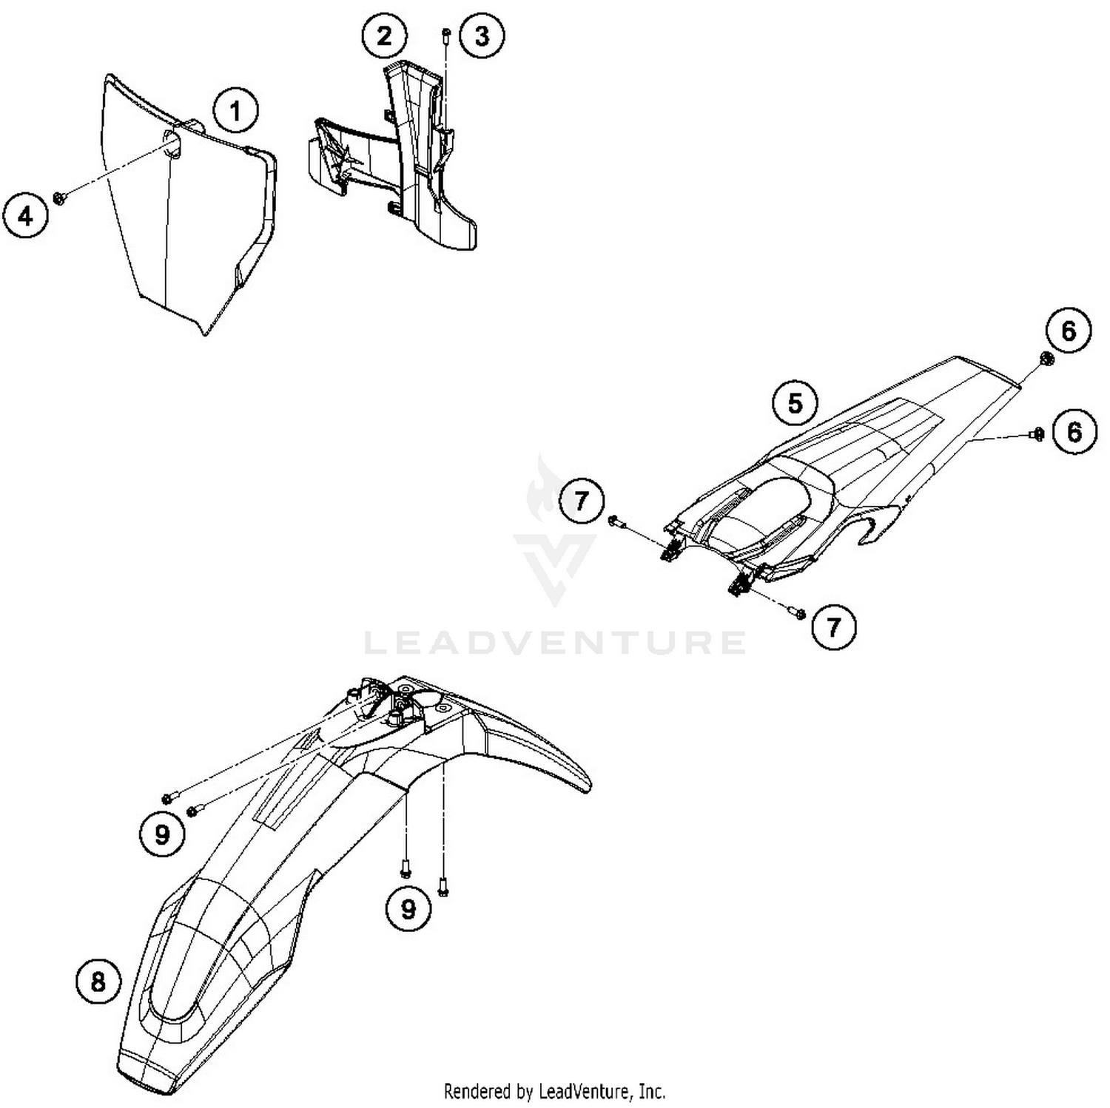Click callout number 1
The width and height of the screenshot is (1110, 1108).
pos(236,112)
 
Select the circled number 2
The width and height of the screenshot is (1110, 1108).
pos(385,36)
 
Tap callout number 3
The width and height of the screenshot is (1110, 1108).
pos(482,36)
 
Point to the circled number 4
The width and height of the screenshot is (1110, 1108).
pos(25,217)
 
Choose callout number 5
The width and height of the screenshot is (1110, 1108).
pos(795,404)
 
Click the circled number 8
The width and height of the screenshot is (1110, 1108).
pos(98,982)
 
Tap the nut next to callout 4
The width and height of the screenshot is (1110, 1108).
pos(60,196)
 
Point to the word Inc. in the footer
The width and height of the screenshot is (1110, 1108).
pos(651,1091)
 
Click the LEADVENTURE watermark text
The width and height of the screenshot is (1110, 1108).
pos(555,642)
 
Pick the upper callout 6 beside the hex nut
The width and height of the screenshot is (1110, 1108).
pos(1069,331)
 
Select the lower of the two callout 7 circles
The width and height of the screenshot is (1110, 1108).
pos(834,627)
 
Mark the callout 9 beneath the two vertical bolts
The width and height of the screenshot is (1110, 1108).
pos(408,908)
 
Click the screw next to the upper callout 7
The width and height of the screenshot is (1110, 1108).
pos(617,522)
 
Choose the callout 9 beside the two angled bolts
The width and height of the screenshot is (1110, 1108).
pos(161,834)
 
